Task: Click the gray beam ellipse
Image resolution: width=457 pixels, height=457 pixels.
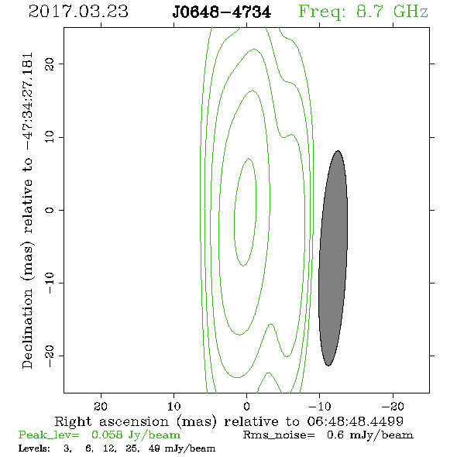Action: tap(333, 258)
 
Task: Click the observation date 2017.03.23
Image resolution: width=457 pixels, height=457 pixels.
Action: tap(78, 12)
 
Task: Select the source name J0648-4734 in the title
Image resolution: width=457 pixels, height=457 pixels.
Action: tap(222, 12)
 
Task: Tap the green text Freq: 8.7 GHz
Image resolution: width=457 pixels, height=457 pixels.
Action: tap(363, 12)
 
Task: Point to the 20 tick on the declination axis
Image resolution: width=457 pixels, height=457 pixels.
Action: tap(50, 64)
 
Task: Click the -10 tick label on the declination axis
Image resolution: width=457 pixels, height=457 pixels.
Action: tap(50, 283)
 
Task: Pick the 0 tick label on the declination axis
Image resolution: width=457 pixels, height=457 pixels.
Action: tap(50, 210)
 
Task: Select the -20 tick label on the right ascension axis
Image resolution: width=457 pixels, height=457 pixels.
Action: tap(393, 407)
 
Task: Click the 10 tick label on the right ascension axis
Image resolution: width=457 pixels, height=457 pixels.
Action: tap(174, 407)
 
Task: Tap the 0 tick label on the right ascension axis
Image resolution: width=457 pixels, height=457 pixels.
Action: tap(246, 407)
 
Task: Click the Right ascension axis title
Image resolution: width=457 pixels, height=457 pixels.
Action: tap(229, 421)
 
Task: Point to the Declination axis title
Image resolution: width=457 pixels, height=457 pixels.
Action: tap(27, 211)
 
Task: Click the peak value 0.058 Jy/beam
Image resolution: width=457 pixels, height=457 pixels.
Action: tap(136, 435)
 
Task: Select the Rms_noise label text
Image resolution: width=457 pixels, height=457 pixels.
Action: tap(279, 435)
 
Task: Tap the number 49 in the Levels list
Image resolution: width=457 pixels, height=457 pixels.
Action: tap(154, 448)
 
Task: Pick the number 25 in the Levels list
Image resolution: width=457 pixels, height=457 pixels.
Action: tap(131, 448)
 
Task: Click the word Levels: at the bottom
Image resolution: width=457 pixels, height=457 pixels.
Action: tap(34, 448)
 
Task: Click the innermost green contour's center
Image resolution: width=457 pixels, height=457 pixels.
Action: tap(246, 212)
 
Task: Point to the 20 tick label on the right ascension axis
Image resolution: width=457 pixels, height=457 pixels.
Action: tap(101, 407)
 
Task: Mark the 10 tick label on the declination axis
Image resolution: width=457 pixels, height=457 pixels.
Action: tap(50, 137)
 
